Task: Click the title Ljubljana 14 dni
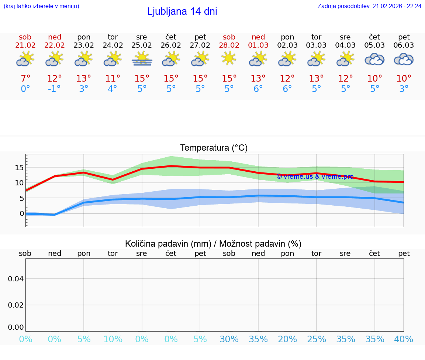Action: [182, 11]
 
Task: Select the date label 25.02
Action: [142, 45]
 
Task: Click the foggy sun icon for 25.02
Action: [142, 59]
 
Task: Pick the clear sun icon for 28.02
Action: [229, 58]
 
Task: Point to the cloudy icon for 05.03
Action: [374, 59]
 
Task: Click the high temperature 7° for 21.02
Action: [25, 79]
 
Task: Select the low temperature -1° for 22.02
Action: [54, 89]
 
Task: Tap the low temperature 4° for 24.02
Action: [113, 89]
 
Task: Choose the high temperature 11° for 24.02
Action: [113, 79]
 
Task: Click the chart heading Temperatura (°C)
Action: [214, 148]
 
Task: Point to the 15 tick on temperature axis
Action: [19, 168]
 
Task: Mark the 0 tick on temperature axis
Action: [22, 213]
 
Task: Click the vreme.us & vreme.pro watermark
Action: [315, 176]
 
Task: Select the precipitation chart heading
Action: [213, 244]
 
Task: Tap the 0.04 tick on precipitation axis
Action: [16, 279]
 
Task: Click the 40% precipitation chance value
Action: [404, 339]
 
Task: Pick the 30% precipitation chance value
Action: [229, 339]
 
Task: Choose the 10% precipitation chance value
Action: [113, 339]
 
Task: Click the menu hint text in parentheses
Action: [41, 6]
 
